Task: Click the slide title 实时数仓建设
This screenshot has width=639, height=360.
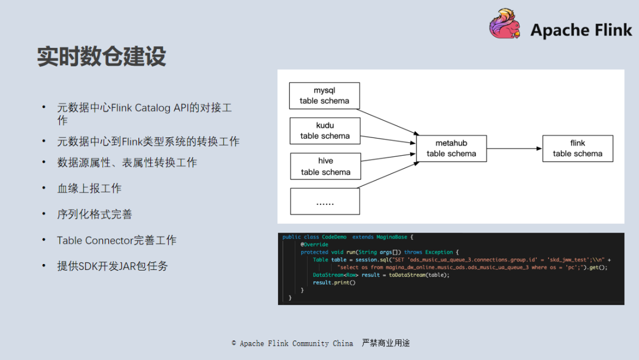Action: [102, 56]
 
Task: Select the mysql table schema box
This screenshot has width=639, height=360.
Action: [324, 95]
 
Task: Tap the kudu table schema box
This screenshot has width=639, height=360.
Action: [325, 130]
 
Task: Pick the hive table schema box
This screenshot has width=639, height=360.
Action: [325, 166]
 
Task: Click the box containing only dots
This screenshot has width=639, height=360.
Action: [325, 201]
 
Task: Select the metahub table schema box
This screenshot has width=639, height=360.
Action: [451, 148]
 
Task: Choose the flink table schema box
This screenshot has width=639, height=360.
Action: [577, 148]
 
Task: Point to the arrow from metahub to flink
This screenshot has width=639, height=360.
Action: [514, 148]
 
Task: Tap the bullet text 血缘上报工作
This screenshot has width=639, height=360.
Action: [89, 188]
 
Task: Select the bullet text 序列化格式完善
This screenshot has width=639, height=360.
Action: [95, 214]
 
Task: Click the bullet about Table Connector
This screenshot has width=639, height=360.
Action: [117, 240]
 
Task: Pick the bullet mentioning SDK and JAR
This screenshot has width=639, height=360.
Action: [112, 266]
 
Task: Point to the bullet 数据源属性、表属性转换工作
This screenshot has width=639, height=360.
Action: [127, 162]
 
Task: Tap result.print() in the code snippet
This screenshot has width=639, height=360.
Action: [334, 282]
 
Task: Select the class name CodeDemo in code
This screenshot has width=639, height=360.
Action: [335, 237]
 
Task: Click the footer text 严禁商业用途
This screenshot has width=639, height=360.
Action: [386, 343]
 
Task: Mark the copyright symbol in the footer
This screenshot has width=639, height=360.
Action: [234, 343]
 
